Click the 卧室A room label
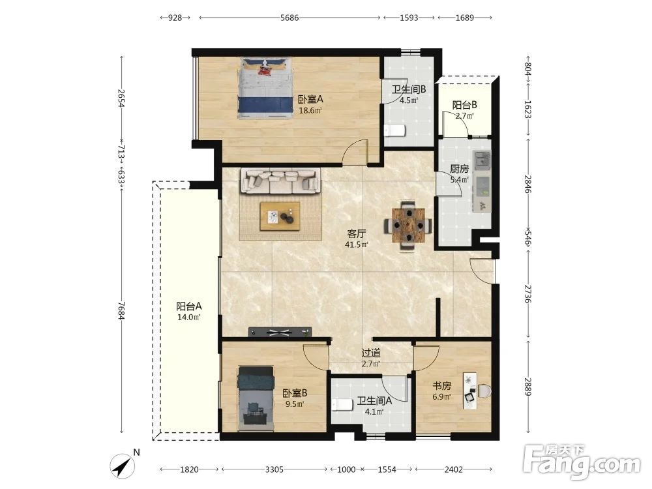(x=310, y=99)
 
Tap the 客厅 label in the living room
(x=357, y=233)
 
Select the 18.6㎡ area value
(x=310, y=111)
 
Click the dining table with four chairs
(x=407, y=226)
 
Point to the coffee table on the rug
(x=280, y=216)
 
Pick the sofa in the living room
(x=280, y=181)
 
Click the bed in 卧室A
(x=264, y=88)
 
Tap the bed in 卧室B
(x=256, y=398)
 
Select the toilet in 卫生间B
(x=394, y=130)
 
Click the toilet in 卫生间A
(x=342, y=404)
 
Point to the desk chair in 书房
(x=484, y=391)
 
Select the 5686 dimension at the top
(x=289, y=18)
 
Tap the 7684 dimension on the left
(x=121, y=310)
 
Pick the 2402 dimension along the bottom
(x=453, y=469)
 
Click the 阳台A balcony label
(x=189, y=306)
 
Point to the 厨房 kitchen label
(x=459, y=169)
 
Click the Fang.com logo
(x=582, y=462)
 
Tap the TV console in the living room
(x=280, y=333)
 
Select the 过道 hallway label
(x=370, y=353)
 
